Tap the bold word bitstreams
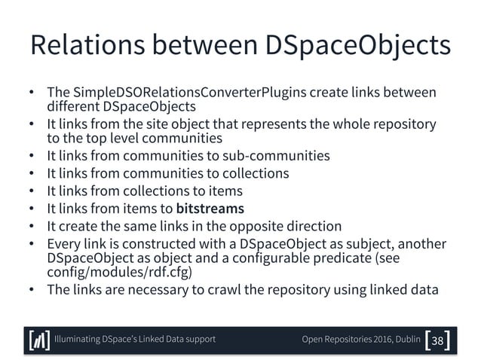point(210,209)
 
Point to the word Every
point(63,244)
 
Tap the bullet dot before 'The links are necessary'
point(32,291)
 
